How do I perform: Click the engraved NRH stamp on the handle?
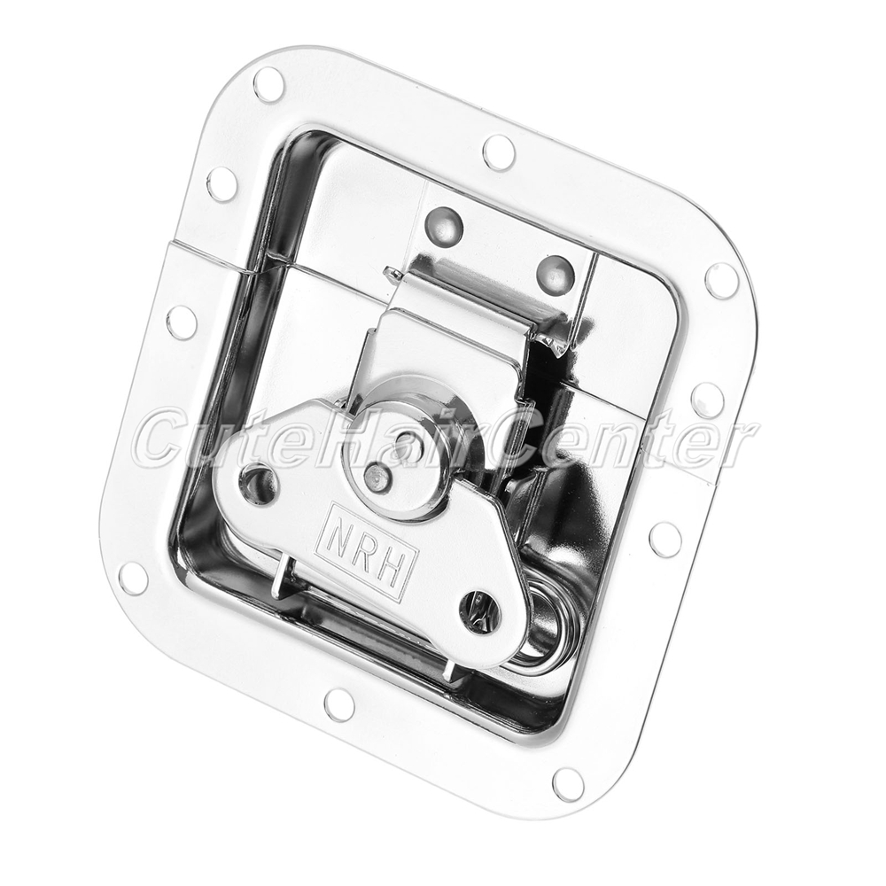tap(366, 550)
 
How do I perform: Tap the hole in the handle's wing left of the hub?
tap(259, 483)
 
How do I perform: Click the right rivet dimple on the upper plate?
tap(556, 274)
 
